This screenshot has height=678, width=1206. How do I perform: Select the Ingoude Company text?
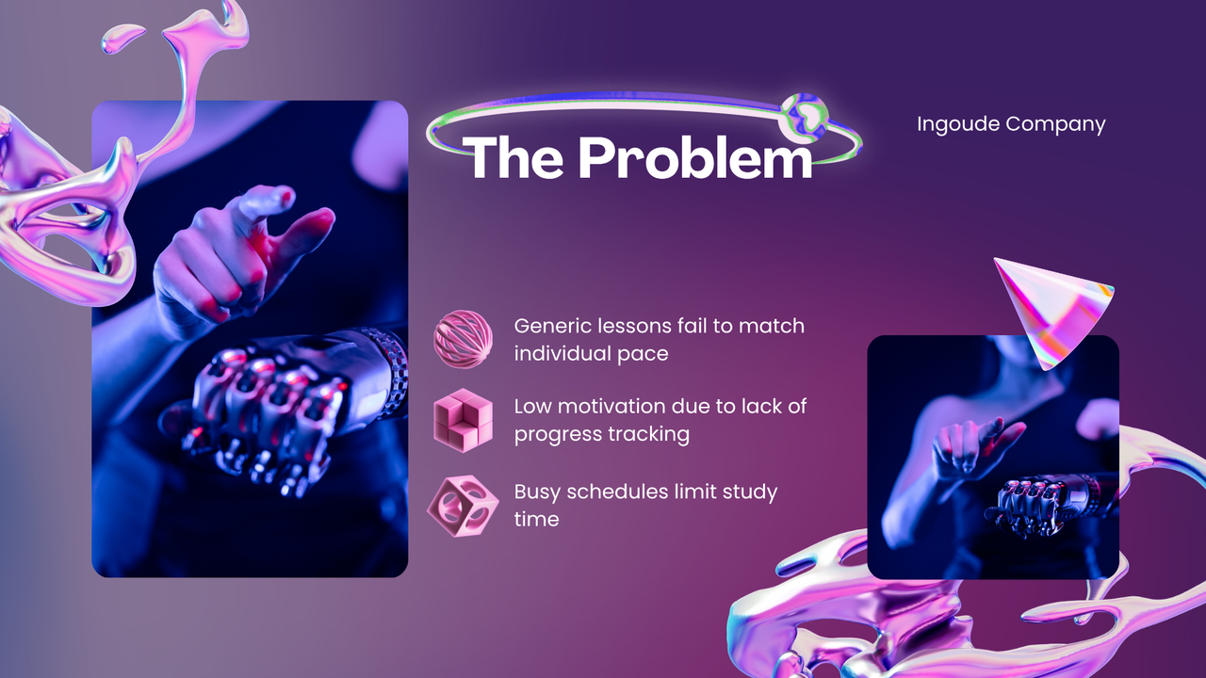[1011, 123]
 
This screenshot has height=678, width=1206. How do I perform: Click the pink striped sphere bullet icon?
[463, 339]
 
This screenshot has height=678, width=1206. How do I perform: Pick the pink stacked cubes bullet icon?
[463, 420]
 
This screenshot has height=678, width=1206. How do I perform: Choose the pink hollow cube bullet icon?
[462, 506]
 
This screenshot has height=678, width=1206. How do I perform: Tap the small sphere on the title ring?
[804, 115]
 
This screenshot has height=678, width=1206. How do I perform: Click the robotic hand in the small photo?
[1036, 499]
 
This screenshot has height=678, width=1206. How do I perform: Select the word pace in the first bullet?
[643, 353]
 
